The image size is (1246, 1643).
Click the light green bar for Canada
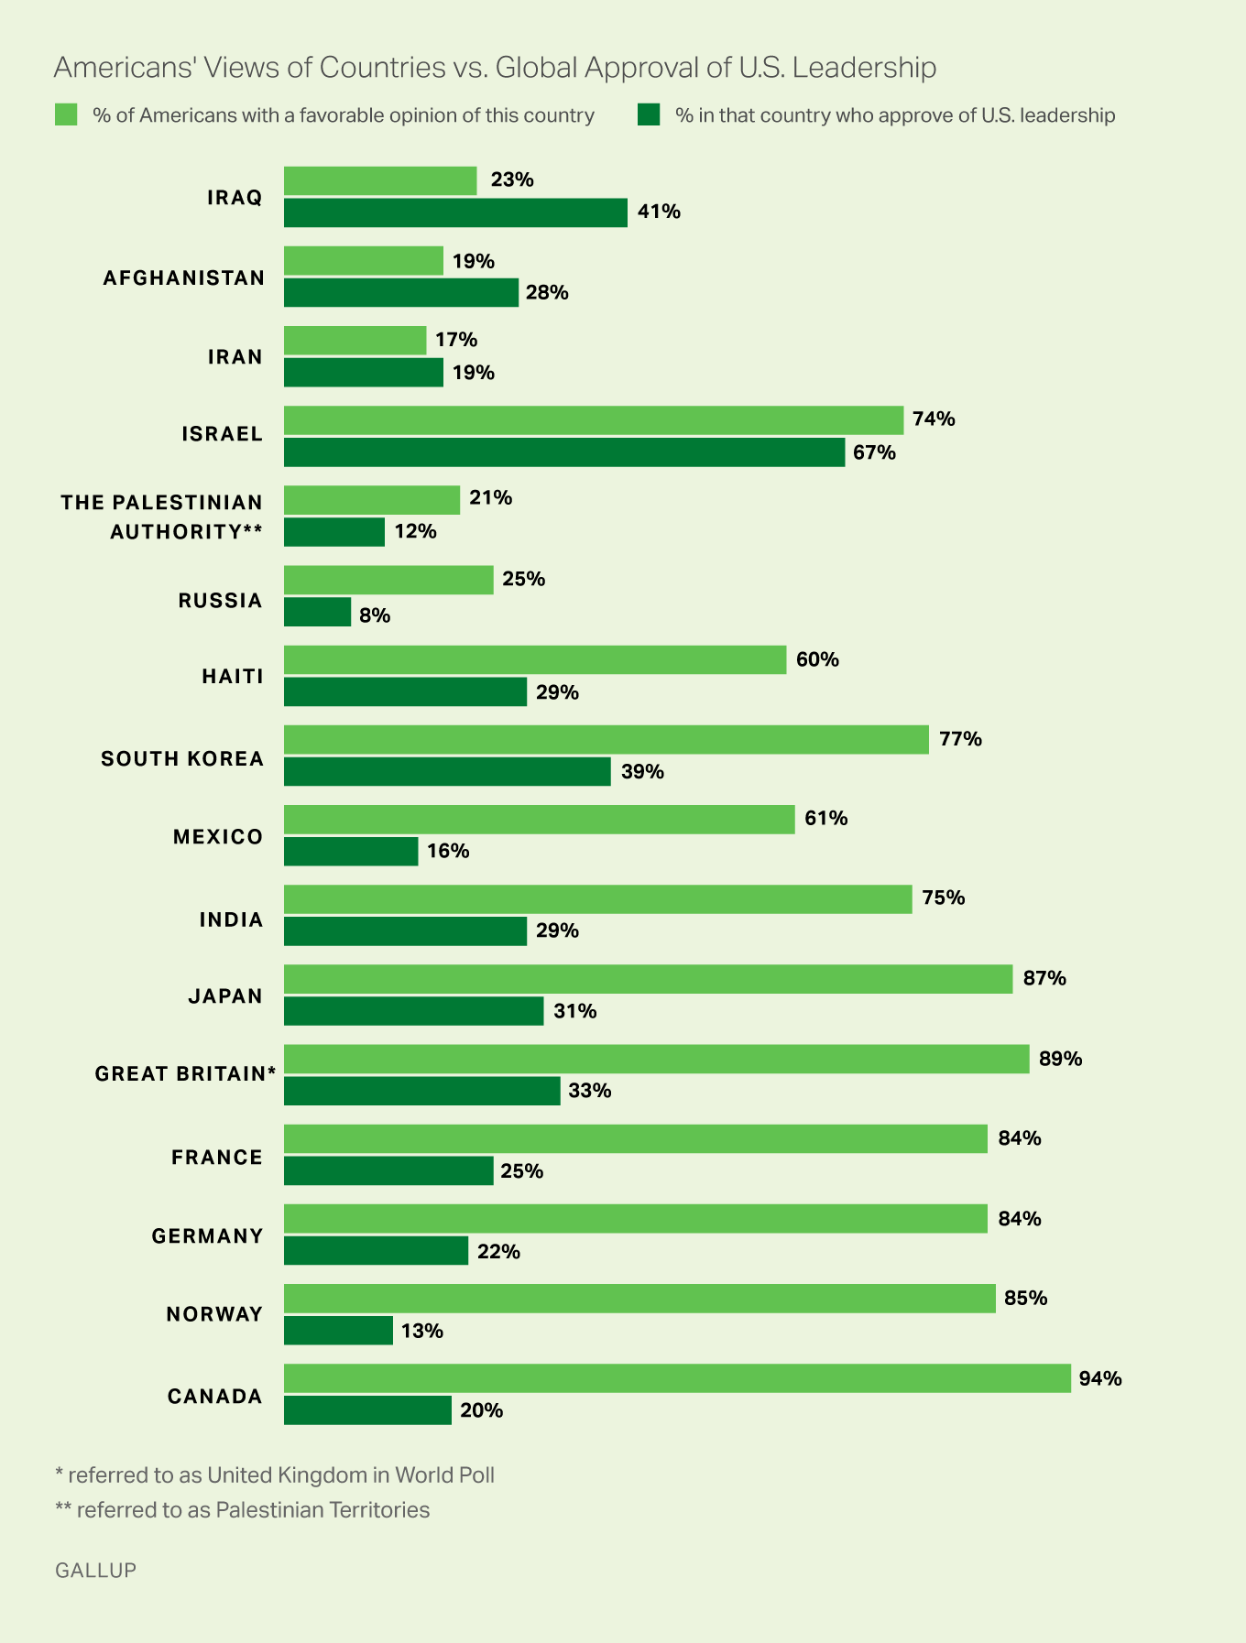677,1377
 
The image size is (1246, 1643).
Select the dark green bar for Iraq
455,212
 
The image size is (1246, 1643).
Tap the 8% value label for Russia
375,615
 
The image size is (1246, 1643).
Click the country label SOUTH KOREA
182,758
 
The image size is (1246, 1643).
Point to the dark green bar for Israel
564,452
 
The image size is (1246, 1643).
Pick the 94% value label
1099,1378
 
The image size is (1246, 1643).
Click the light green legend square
66,115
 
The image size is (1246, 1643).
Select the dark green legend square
649,115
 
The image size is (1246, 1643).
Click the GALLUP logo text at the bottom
95,1570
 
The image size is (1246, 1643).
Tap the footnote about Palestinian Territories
243,1509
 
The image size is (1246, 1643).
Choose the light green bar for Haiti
535,659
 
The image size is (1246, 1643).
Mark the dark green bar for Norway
338,1330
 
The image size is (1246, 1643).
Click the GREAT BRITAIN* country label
185,1073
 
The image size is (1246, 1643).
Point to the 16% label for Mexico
448,851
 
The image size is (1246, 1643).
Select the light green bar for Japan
648,978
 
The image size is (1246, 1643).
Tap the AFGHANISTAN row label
183,277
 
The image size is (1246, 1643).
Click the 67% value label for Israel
874,452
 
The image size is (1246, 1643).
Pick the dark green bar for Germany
376,1251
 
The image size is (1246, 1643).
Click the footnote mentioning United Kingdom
275,1474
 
